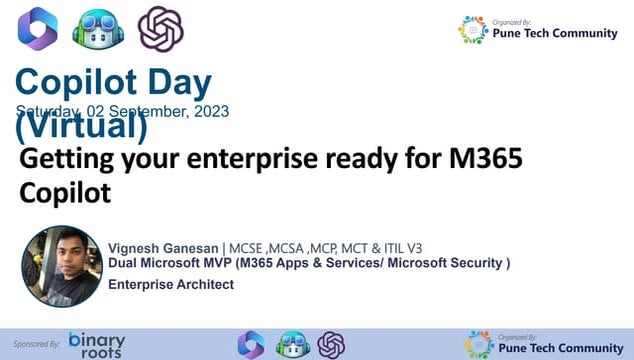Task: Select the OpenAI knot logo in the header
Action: tap(160, 29)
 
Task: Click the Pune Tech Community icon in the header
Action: tap(473, 30)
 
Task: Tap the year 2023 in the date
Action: tap(211, 112)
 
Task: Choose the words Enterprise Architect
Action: tap(171, 285)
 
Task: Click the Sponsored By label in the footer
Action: tap(38, 343)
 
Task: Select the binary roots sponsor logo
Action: tap(96, 344)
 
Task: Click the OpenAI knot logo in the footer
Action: tap(331, 345)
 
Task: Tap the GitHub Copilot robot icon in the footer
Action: tap(291, 345)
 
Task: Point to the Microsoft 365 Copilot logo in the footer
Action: tap(250, 345)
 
